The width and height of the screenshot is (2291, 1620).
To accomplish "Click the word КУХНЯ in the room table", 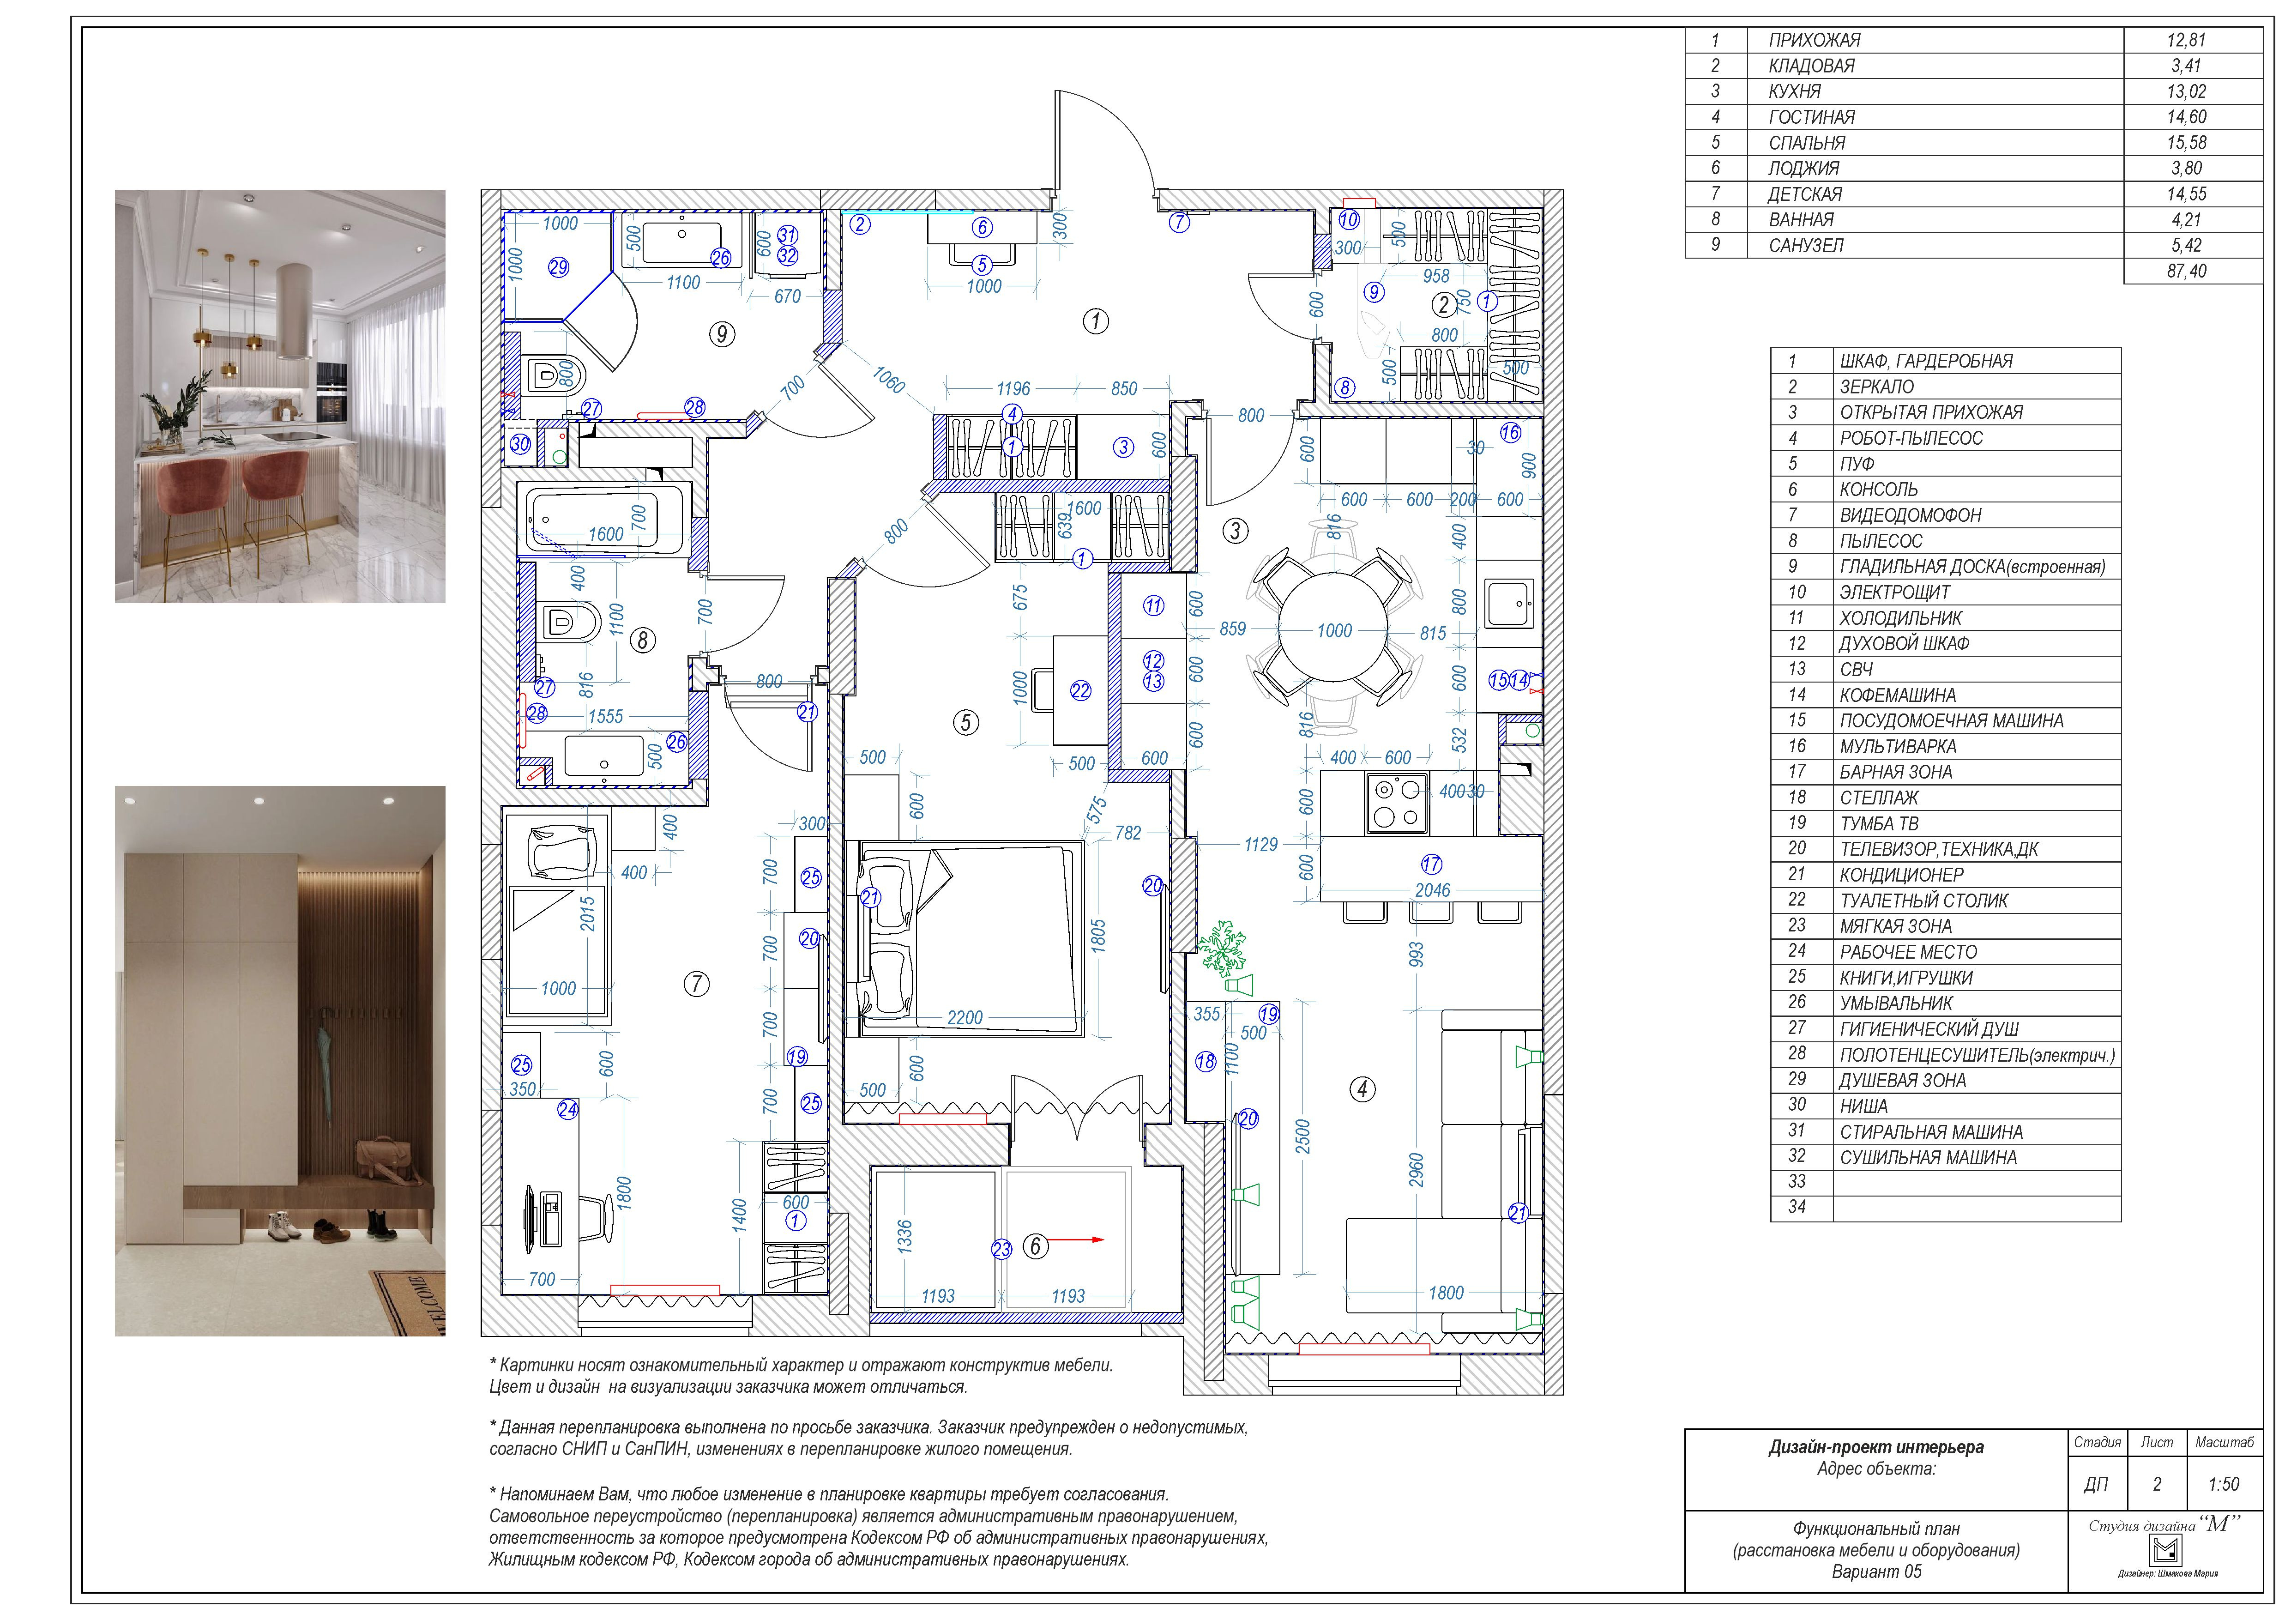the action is coord(1795,91).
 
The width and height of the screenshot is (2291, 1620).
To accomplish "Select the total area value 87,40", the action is coord(2186,271).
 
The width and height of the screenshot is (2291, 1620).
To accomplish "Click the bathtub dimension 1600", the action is coord(606,534).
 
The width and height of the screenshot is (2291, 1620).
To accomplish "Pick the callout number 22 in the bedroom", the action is coord(1081,690).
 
